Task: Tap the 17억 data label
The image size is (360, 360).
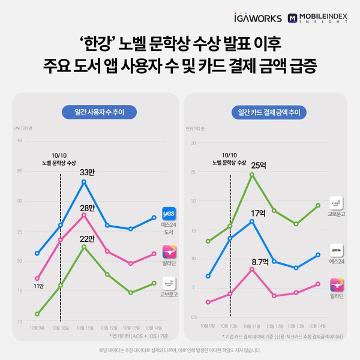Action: pyautogui.click(x=258, y=212)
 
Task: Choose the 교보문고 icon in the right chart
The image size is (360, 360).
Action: pyautogui.click(x=337, y=202)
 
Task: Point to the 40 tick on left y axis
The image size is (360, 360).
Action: pyautogui.click(x=20, y=141)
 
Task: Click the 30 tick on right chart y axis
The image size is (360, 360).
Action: pyautogui.click(x=193, y=143)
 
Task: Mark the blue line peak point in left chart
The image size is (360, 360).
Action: pyautogui.click(x=85, y=181)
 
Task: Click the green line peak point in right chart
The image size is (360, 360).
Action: pyautogui.click(x=252, y=175)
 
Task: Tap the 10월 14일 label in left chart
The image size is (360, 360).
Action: pyautogui.click(x=154, y=328)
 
